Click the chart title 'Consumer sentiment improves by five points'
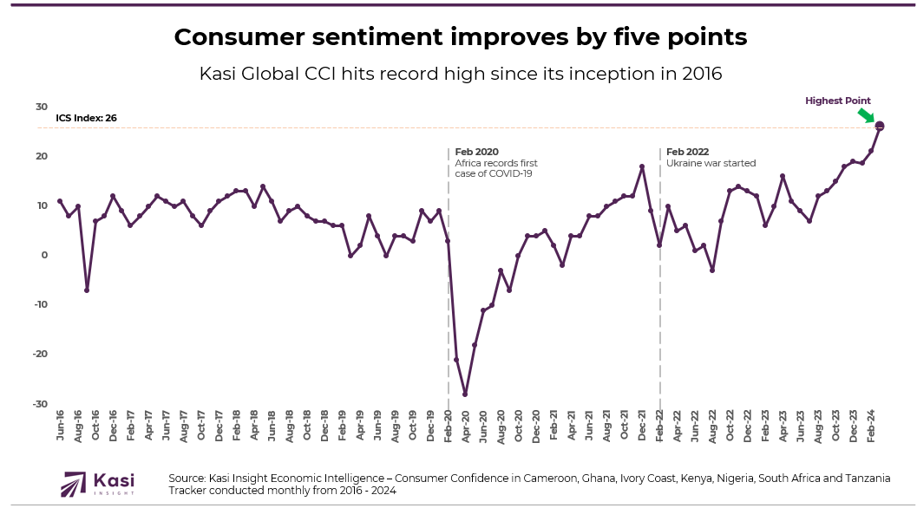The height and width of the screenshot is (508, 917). tap(460, 37)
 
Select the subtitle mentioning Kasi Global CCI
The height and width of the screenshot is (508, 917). tap(460, 74)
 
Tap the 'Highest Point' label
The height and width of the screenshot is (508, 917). tap(837, 101)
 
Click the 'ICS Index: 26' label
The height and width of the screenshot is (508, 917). tap(86, 119)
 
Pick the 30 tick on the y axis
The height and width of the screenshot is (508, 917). tap(41, 107)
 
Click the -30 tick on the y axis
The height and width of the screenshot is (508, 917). tap(39, 404)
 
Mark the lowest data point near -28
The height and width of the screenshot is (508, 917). tap(465, 394)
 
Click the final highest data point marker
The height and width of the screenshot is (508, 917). tap(880, 127)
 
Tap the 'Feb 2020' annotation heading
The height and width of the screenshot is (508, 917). tap(477, 152)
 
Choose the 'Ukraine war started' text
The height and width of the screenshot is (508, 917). tap(711, 163)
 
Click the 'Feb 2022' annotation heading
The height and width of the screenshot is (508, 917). tap(687, 152)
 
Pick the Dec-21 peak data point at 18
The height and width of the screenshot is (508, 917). tap(642, 166)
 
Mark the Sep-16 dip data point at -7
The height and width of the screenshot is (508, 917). tap(87, 290)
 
